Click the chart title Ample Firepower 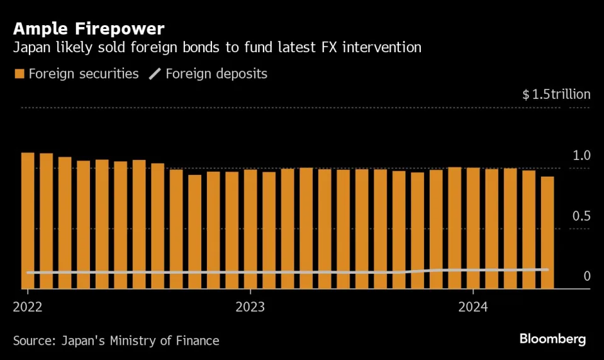[89, 28]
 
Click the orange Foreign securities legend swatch [19, 74]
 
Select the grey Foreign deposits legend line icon [155, 74]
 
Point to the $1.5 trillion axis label [556, 94]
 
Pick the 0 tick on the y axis [586, 276]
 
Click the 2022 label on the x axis [27, 307]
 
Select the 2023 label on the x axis [250, 307]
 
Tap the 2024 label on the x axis [473, 307]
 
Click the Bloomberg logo [552, 339]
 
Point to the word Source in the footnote [34, 341]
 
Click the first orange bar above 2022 [27, 220]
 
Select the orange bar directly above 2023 [250, 230]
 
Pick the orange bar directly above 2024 [473, 228]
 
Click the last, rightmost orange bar [547, 233]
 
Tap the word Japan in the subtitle [31, 47]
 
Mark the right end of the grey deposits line [547, 269]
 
